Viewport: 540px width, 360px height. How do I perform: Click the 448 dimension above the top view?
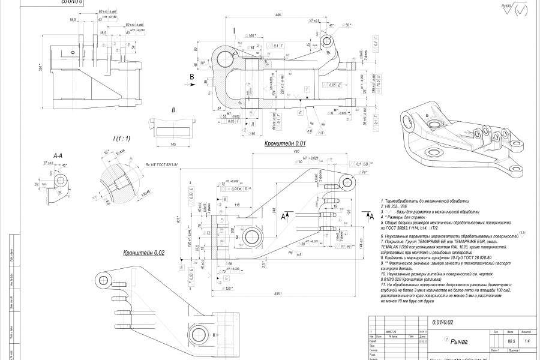point(278,15)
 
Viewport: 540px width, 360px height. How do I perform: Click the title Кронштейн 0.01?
point(286,144)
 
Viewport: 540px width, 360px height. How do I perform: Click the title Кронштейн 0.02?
point(143,253)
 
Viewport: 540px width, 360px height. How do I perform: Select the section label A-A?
point(58,156)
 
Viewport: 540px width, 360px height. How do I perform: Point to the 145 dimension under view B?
point(173,145)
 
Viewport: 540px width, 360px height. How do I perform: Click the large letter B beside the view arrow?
point(191,77)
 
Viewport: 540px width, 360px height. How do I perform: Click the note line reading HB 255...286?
point(397,206)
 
